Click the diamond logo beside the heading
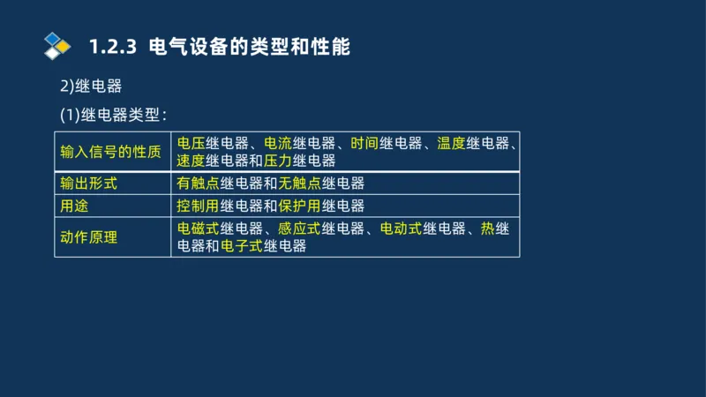(57, 45)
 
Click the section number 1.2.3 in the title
(114, 47)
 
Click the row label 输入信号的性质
(110, 151)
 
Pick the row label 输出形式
(88, 184)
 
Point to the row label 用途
(74, 206)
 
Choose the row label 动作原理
(88, 237)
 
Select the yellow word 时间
(364, 143)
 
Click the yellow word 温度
(451, 143)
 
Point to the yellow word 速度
(192, 161)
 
